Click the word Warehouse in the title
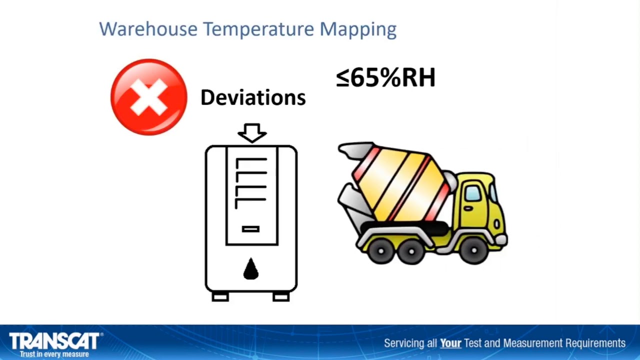[x=148, y=28]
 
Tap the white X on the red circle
[x=148, y=97]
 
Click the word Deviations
[x=252, y=97]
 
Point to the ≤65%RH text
[x=385, y=78]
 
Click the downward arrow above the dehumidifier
[x=252, y=133]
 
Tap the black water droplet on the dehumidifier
[x=250, y=269]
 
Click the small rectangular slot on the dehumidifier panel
[x=250, y=229]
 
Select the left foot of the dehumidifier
[x=220, y=297]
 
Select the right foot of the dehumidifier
[x=281, y=297]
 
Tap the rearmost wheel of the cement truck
[x=381, y=251]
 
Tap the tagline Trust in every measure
[x=54, y=354]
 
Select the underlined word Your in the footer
[x=450, y=343]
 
